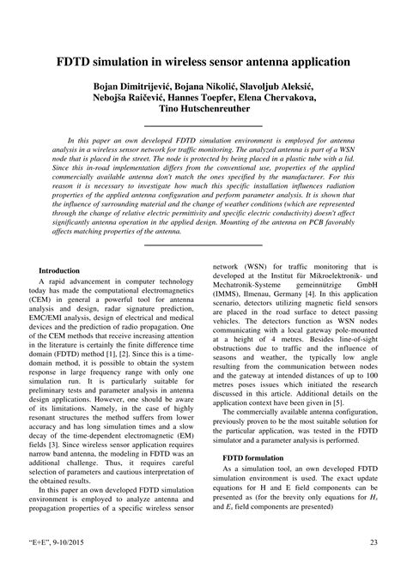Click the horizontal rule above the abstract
[x=203, y=127]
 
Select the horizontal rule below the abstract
[x=203, y=245]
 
